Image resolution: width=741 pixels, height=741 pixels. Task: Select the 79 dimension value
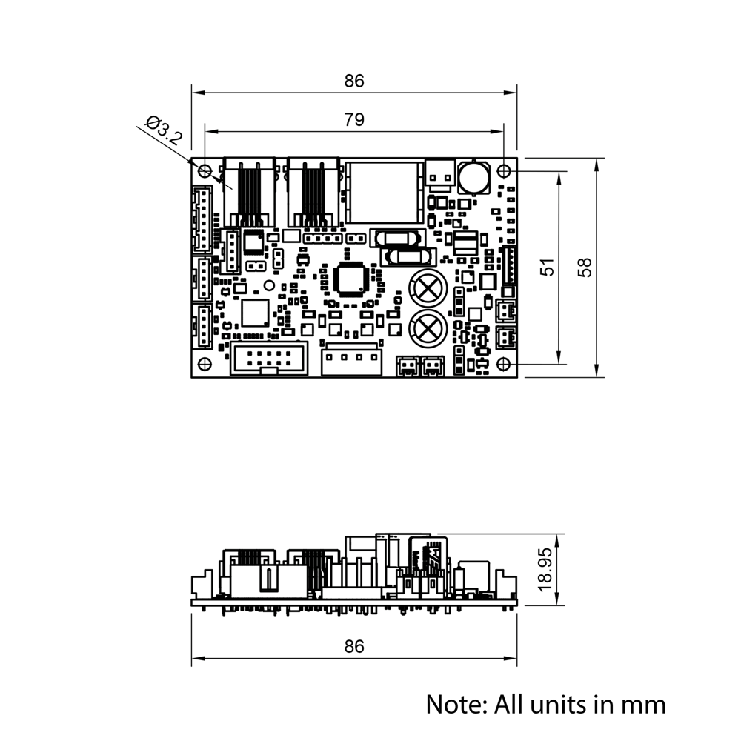click(x=354, y=119)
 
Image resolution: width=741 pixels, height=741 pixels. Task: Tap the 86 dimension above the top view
click(x=354, y=81)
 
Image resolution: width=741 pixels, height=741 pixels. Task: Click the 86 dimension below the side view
click(x=354, y=646)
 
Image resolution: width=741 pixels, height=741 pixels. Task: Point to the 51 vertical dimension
click(x=548, y=268)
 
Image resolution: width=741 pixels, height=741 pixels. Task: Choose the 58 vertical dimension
click(x=585, y=268)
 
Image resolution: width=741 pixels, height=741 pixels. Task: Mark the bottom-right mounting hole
click(x=504, y=364)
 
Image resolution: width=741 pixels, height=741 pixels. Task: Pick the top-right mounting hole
click(x=504, y=170)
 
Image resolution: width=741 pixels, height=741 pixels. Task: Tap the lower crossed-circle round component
click(x=428, y=327)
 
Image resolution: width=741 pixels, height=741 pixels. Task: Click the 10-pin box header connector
click(x=268, y=359)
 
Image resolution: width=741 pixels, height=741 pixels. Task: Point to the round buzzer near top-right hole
click(x=471, y=177)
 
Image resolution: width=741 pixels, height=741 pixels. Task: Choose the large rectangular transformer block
click(x=385, y=192)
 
